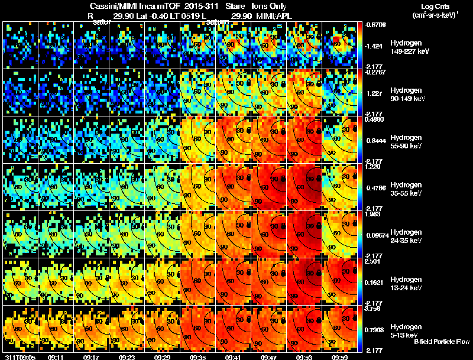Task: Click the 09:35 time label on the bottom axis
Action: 197,357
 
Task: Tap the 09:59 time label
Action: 339,357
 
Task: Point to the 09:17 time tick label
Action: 91,357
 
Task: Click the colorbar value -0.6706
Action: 376,25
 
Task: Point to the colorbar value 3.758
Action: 374,308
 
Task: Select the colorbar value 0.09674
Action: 376,235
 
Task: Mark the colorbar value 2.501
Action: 374,261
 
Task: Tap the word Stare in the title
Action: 234,6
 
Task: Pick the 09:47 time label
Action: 268,357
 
